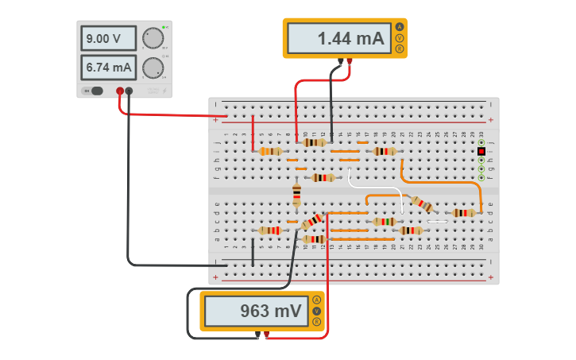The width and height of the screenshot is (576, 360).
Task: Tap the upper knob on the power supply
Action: click(x=153, y=38)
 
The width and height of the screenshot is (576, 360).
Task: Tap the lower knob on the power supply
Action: click(x=153, y=68)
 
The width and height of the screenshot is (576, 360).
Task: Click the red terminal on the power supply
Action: click(x=120, y=91)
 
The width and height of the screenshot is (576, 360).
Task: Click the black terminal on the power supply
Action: click(x=129, y=91)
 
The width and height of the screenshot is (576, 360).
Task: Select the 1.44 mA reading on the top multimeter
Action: click(x=338, y=38)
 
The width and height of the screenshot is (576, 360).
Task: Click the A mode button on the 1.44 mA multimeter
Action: click(x=399, y=27)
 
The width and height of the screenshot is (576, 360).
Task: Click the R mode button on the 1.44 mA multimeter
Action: click(x=399, y=49)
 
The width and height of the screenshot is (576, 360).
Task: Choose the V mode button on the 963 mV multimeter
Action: click(x=316, y=311)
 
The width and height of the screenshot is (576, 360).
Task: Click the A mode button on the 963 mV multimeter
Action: click(x=316, y=300)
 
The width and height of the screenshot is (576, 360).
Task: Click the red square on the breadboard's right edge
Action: click(x=481, y=151)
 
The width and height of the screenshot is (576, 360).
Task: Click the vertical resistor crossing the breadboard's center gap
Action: click(x=296, y=195)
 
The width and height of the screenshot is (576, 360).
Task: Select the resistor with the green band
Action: click(x=385, y=222)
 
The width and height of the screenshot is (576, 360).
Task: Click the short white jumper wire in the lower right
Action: click(x=438, y=221)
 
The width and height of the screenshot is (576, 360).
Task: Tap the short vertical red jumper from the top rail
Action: click(x=253, y=131)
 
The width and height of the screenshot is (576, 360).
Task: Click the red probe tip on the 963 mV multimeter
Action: click(x=266, y=335)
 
